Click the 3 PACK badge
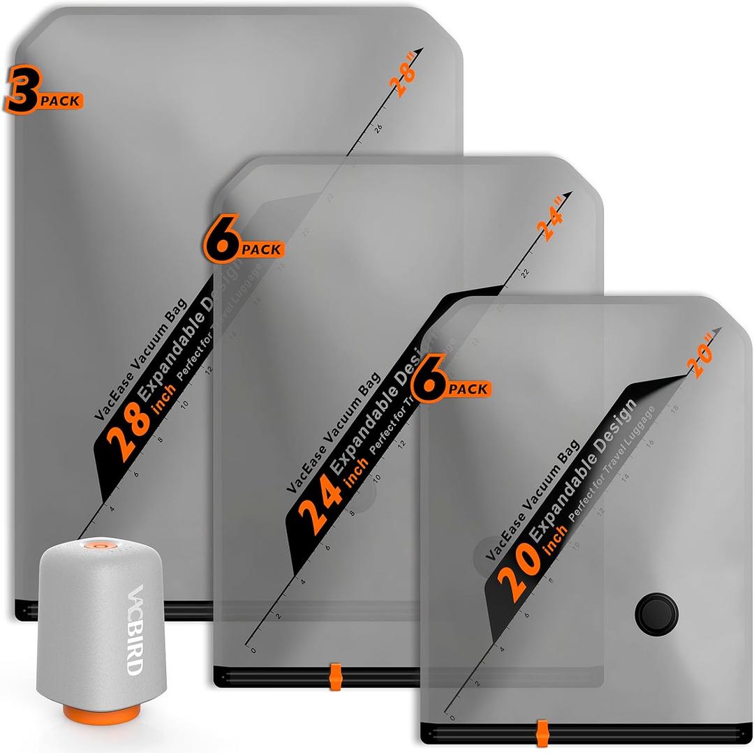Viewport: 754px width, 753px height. (x=43, y=94)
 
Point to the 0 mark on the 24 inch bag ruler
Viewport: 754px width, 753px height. (x=253, y=649)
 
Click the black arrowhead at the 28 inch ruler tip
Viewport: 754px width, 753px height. (x=419, y=52)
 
